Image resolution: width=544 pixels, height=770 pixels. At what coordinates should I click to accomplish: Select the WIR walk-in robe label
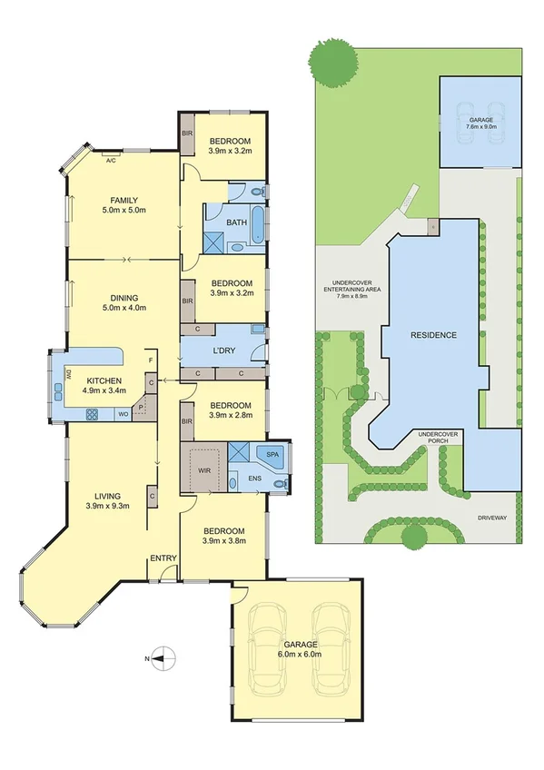pyautogui.click(x=203, y=471)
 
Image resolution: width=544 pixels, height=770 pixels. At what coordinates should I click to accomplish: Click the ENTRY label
pyautogui.click(x=164, y=558)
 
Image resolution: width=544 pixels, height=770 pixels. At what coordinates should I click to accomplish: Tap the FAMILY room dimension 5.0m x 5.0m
pyautogui.click(x=124, y=211)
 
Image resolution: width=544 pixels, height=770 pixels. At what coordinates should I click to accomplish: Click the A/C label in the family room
pyautogui.click(x=111, y=160)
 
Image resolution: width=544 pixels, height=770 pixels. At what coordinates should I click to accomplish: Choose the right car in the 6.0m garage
pyautogui.click(x=328, y=647)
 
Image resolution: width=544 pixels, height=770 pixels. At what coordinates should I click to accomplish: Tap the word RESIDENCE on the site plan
pyautogui.click(x=433, y=335)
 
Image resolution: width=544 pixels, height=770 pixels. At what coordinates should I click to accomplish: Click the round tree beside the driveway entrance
pyautogui.click(x=414, y=538)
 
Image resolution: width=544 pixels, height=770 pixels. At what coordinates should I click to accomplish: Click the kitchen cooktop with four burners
pyautogui.click(x=92, y=414)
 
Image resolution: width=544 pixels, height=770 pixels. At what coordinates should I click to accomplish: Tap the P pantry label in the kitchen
pyautogui.click(x=142, y=408)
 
